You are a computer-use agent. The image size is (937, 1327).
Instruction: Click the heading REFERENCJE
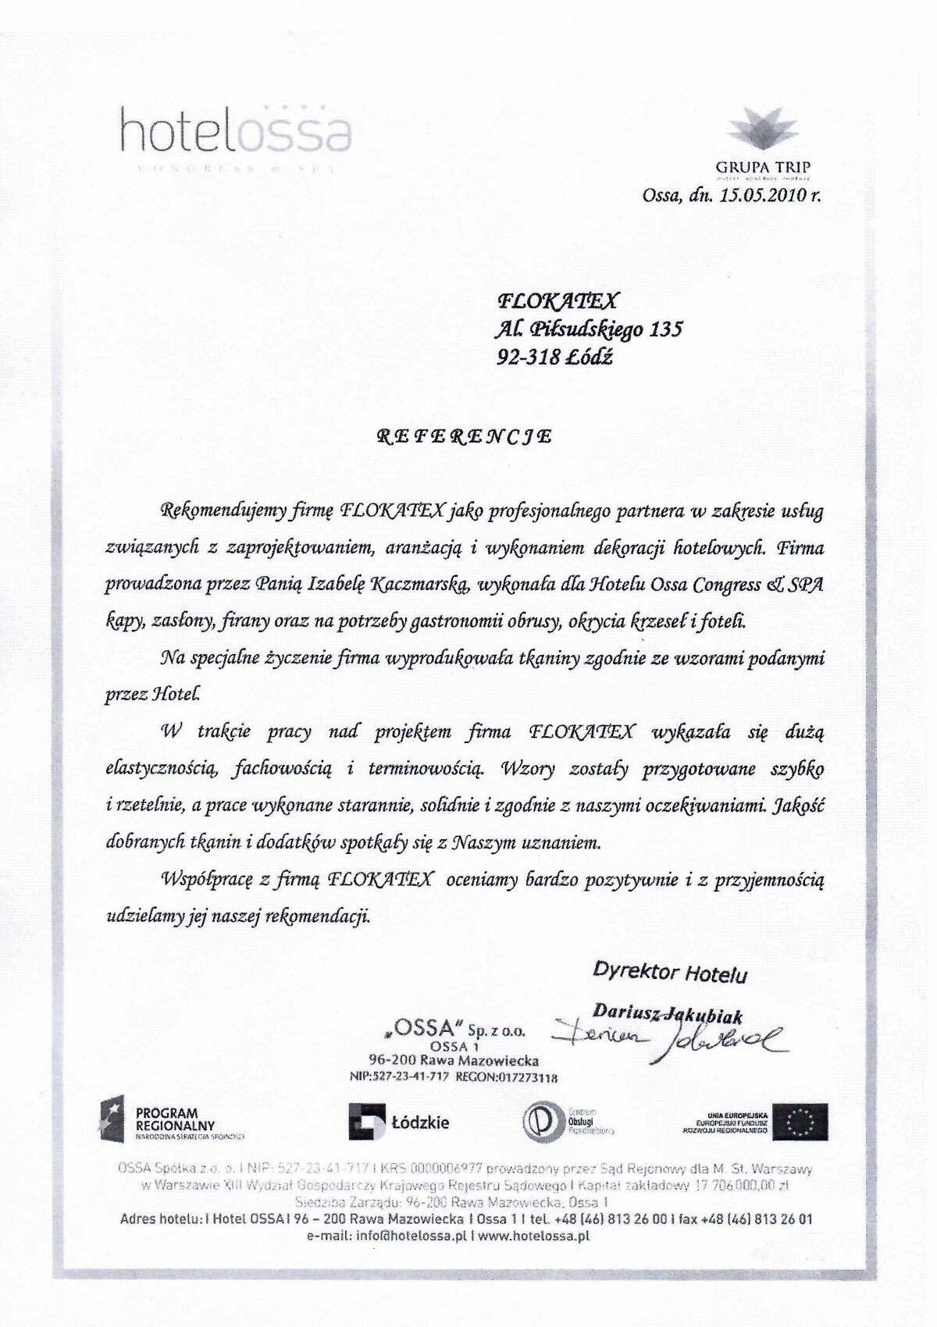(x=465, y=436)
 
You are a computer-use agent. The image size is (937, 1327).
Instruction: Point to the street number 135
(x=665, y=328)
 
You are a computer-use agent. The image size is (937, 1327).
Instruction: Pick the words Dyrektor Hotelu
(x=670, y=973)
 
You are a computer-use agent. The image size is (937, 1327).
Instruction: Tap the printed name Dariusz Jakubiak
(x=668, y=1013)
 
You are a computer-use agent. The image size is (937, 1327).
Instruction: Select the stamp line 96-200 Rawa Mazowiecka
(x=454, y=1061)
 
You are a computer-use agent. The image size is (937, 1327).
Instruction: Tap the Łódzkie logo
(x=399, y=1123)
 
